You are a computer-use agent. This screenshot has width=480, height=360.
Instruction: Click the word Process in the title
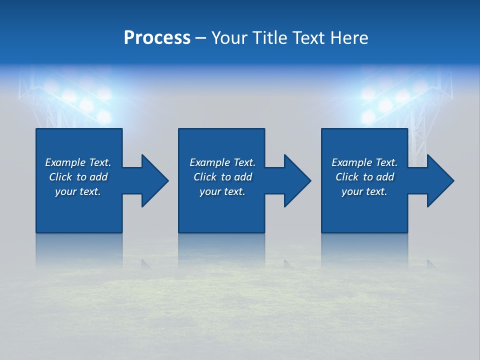pyautogui.click(x=157, y=38)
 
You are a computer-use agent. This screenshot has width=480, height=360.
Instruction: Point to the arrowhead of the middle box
pyautogui.click(x=296, y=180)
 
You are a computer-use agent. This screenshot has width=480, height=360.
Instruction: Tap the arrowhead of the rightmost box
pyautogui.click(x=439, y=180)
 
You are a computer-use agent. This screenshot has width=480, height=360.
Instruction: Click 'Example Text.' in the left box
pyautogui.click(x=78, y=162)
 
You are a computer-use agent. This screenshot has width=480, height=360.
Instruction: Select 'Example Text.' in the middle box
pyautogui.click(x=222, y=162)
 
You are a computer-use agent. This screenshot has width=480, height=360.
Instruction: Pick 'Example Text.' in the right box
pyautogui.click(x=364, y=162)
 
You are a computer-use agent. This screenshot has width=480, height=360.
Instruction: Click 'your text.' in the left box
pyautogui.click(x=78, y=191)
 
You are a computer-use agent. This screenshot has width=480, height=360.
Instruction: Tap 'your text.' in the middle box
pyautogui.click(x=222, y=191)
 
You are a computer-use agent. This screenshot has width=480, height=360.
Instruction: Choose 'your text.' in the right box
pyautogui.click(x=364, y=191)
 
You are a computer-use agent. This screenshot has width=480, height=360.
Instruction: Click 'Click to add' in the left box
pyautogui.click(x=78, y=177)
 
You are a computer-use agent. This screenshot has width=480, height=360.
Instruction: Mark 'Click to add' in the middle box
pyautogui.click(x=222, y=177)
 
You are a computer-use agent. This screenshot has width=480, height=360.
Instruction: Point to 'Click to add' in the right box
pyautogui.click(x=364, y=177)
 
